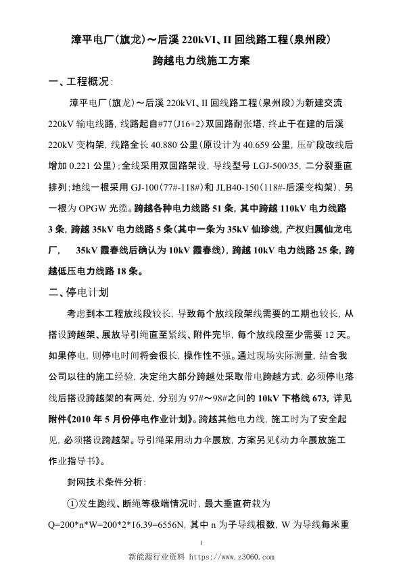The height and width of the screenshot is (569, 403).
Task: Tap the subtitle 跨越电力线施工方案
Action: click(202, 61)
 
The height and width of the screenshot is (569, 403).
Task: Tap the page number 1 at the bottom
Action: click(202, 545)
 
